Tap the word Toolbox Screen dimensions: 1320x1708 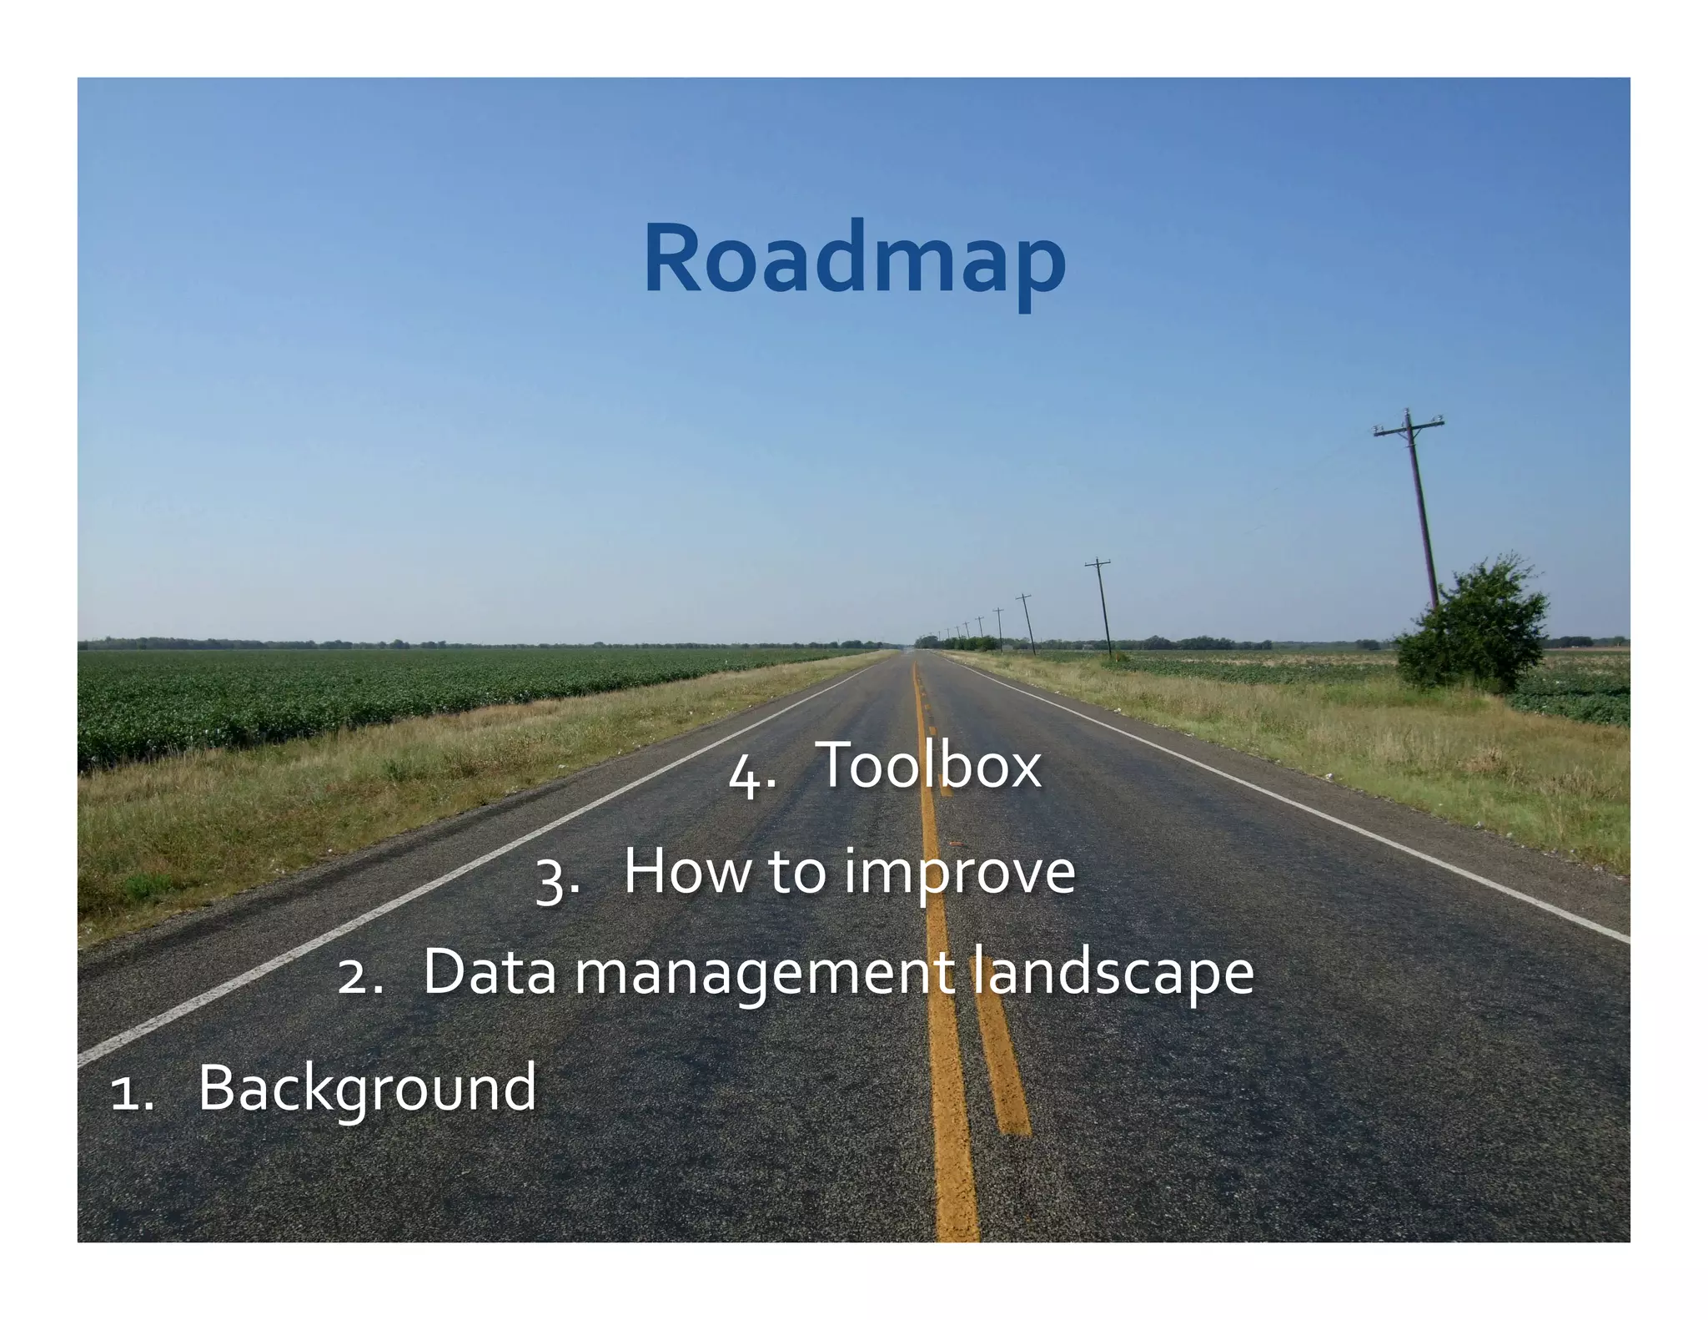coord(932,765)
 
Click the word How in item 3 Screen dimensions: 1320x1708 coord(687,871)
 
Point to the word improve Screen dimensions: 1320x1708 coord(959,874)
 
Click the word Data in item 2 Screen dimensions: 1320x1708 coord(490,972)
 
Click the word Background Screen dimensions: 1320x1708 coord(367,1089)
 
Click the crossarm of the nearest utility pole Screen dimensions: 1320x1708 coord(1409,427)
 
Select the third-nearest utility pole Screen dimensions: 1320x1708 coord(1027,624)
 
